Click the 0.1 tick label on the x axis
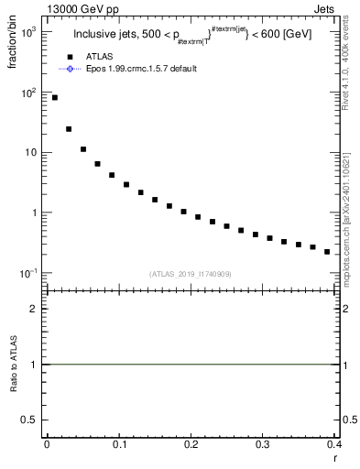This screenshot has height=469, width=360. (119, 444)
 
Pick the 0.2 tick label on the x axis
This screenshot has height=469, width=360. (191, 444)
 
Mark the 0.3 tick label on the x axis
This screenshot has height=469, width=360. (264, 444)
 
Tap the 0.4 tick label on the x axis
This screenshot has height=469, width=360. (334, 444)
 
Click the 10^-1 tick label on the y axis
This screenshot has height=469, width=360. (29, 273)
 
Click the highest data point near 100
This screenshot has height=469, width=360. (55, 97)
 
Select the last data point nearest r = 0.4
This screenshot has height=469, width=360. (327, 252)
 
